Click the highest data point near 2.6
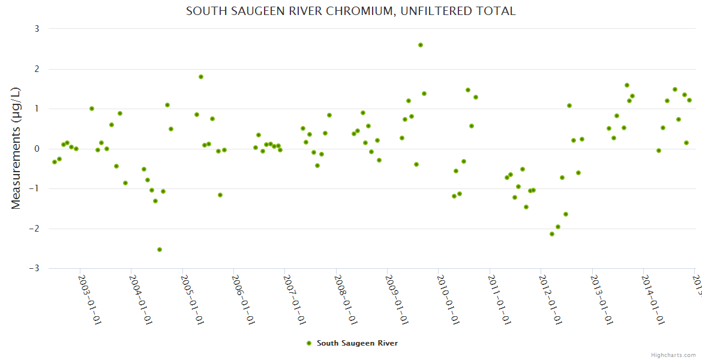click(421, 45)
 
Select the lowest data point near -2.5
click(160, 250)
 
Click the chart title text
click(351, 11)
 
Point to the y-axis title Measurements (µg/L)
click(16, 148)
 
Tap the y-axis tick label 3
click(37, 29)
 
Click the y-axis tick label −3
click(35, 269)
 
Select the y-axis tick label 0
click(37, 149)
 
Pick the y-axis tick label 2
click(37, 69)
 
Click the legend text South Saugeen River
click(357, 343)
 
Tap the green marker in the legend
click(309, 343)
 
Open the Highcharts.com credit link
click(674, 355)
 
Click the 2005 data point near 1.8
click(201, 77)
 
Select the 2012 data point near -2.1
click(552, 234)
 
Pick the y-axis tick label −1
click(35, 189)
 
